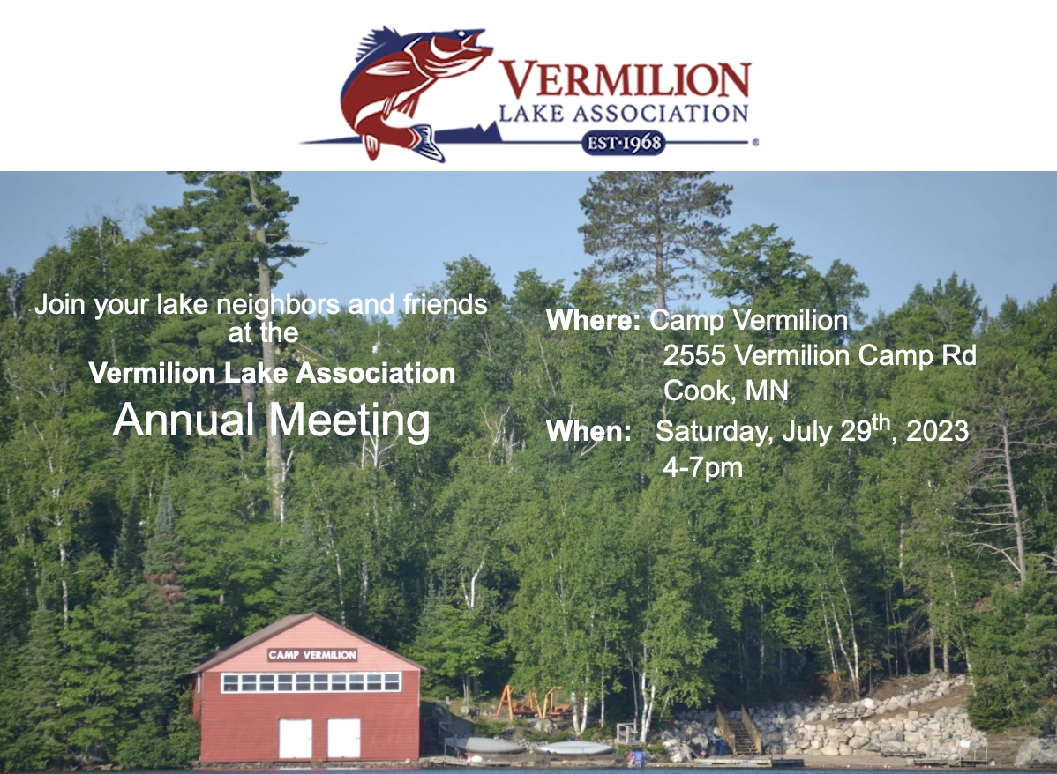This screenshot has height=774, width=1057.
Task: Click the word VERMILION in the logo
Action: click(x=625, y=79)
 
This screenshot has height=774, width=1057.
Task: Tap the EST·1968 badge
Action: click(x=623, y=143)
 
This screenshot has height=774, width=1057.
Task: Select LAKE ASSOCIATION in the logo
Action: click(x=624, y=113)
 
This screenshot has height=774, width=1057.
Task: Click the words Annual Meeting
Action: click(x=272, y=420)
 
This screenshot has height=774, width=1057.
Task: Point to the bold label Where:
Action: click(x=593, y=320)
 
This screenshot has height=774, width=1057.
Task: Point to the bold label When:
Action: click(x=588, y=431)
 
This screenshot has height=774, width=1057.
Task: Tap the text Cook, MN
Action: click(x=725, y=391)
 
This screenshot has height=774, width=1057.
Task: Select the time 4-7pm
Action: click(x=702, y=467)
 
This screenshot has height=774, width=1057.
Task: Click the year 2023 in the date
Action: click(x=937, y=431)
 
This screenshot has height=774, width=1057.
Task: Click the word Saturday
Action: click(x=714, y=432)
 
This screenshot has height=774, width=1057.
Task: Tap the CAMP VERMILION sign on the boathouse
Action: click(x=312, y=655)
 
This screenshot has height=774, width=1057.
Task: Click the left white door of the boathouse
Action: click(x=296, y=739)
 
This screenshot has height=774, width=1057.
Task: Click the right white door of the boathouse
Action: click(x=344, y=739)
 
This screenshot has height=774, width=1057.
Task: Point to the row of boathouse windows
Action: click(x=311, y=682)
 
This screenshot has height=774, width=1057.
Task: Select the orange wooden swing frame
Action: click(x=529, y=702)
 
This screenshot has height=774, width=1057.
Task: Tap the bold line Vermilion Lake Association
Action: click(x=272, y=373)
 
